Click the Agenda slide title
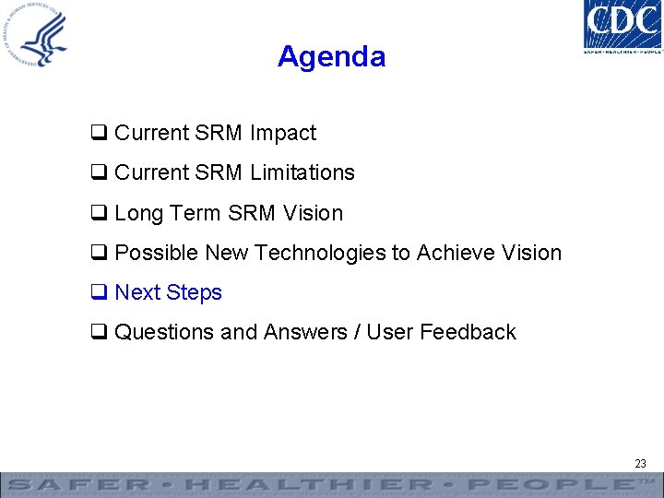click(331, 57)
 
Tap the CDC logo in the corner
click(622, 27)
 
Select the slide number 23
click(640, 464)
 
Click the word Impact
click(281, 133)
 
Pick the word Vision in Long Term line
click(313, 213)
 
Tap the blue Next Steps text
click(168, 292)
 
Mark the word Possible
click(157, 253)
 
